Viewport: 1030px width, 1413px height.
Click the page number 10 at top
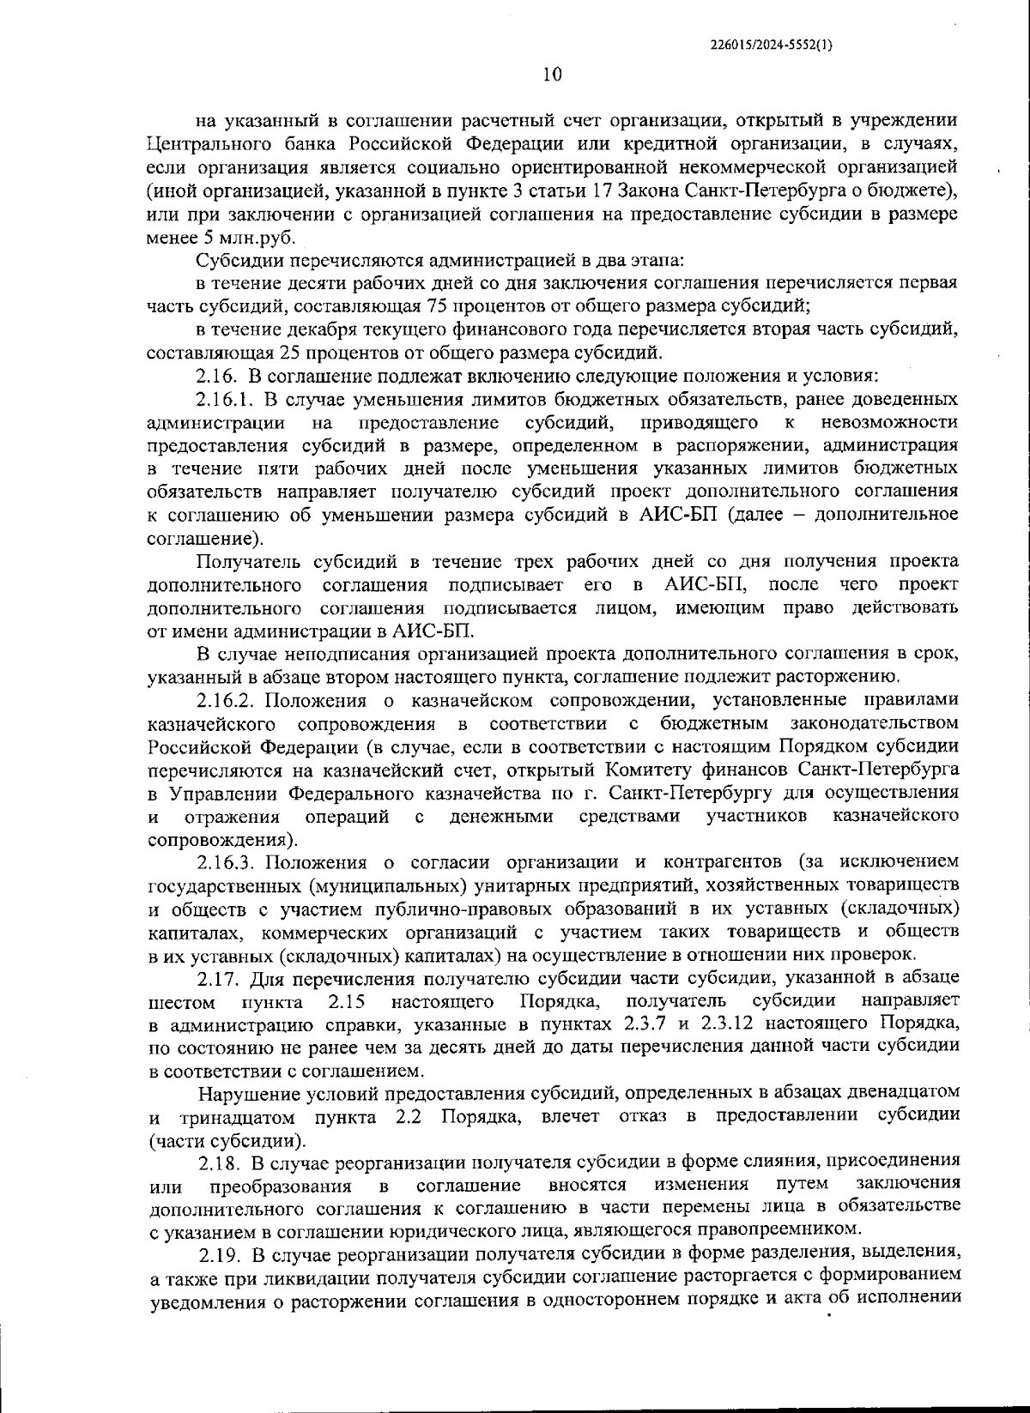click(x=552, y=75)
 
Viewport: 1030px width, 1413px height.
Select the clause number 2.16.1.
click(x=225, y=400)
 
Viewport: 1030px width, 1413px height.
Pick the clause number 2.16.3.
click(x=226, y=860)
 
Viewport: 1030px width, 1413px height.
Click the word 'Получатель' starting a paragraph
click(x=247, y=562)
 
